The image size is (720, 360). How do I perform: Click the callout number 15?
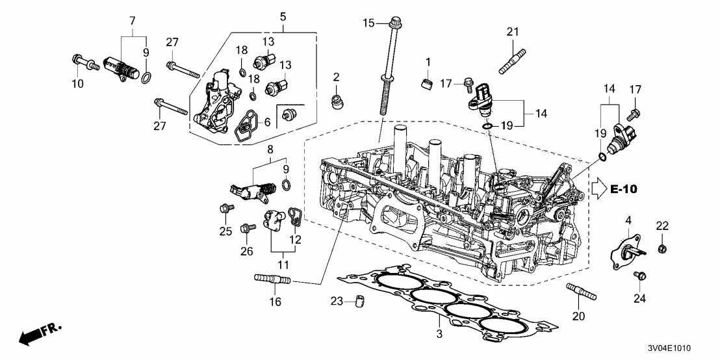click(368, 23)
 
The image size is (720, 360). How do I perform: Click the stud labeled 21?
click(511, 56)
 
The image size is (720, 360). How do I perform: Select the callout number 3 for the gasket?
click(439, 335)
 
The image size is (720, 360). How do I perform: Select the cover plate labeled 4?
click(626, 250)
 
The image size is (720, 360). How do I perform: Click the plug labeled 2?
click(337, 102)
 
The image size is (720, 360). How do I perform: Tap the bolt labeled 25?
click(227, 209)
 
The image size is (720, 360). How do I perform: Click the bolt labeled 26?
click(246, 229)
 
